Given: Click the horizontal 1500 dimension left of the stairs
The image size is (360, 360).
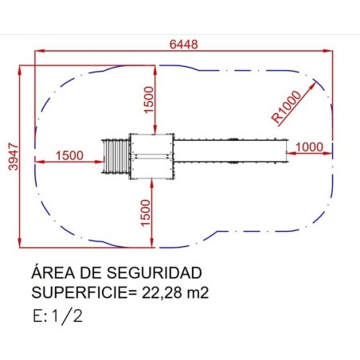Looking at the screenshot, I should tap(70, 155).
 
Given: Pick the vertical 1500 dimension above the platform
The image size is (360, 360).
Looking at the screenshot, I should tap(147, 100).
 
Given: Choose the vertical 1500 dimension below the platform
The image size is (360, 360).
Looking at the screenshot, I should tap(145, 211).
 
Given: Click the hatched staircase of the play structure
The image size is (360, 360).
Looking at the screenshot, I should tap(115, 156).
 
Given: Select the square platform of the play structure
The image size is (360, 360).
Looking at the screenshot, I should tap(151, 156).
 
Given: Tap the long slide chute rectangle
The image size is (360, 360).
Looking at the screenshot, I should tap(230, 151).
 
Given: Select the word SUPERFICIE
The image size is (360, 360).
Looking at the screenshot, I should tap(76, 292).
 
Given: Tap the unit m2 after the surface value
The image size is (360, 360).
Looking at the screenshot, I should tap(198, 292).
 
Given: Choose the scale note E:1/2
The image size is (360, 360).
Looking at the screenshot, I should tap(57, 315).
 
